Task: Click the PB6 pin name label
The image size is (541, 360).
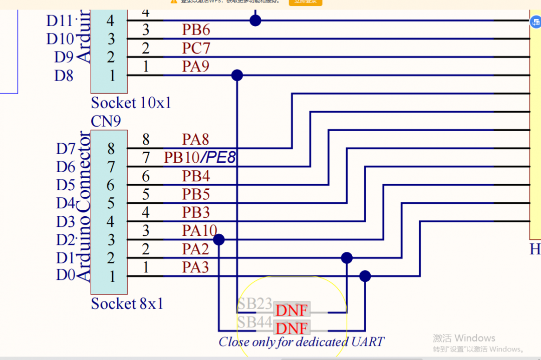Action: click(x=196, y=30)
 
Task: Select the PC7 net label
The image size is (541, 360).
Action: click(x=196, y=49)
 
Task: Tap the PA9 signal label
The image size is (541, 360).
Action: click(x=196, y=67)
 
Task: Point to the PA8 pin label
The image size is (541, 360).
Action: click(x=195, y=139)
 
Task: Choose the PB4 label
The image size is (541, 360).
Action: click(x=196, y=176)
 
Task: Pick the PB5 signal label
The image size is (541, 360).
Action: click(x=196, y=194)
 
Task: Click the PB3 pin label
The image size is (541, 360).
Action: click(x=196, y=212)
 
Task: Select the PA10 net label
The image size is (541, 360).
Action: click(x=199, y=231)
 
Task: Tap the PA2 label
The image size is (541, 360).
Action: click(x=195, y=249)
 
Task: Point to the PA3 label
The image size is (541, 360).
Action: click(x=195, y=267)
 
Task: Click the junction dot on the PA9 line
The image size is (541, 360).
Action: click(x=237, y=76)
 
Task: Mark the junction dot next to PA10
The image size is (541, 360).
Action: click(x=219, y=240)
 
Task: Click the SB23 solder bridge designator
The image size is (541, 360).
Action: click(x=254, y=304)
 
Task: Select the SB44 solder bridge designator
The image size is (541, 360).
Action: click(x=254, y=322)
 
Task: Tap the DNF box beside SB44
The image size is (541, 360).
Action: click(x=292, y=328)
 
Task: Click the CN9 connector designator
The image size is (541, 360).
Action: click(x=106, y=122)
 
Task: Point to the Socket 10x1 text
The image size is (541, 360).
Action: click(x=131, y=103)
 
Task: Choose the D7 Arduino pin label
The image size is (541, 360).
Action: click(x=65, y=149)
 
